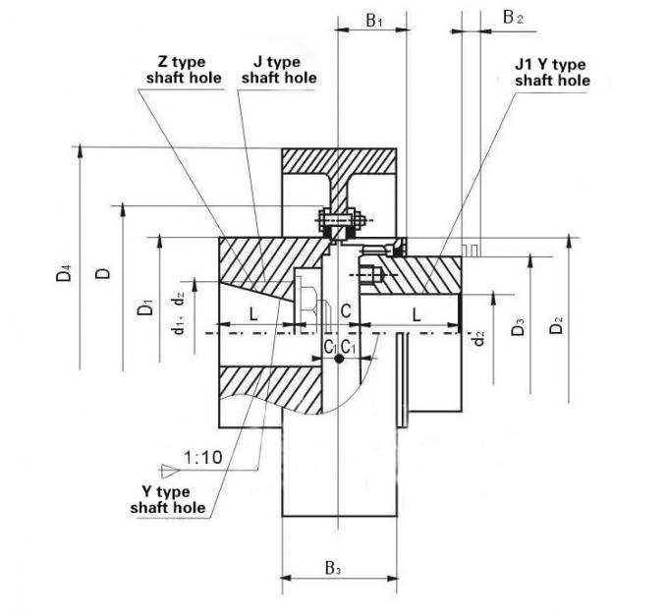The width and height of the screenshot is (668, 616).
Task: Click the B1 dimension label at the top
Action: coord(373,19)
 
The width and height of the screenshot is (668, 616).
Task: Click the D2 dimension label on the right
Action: coord(557,325)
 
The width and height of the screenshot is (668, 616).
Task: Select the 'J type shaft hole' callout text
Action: coord(279,70)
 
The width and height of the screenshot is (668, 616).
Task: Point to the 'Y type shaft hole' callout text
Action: coord(168,499)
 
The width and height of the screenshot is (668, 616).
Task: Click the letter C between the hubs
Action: coord(346,311)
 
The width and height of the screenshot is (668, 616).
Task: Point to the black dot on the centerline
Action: coord(339,361)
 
